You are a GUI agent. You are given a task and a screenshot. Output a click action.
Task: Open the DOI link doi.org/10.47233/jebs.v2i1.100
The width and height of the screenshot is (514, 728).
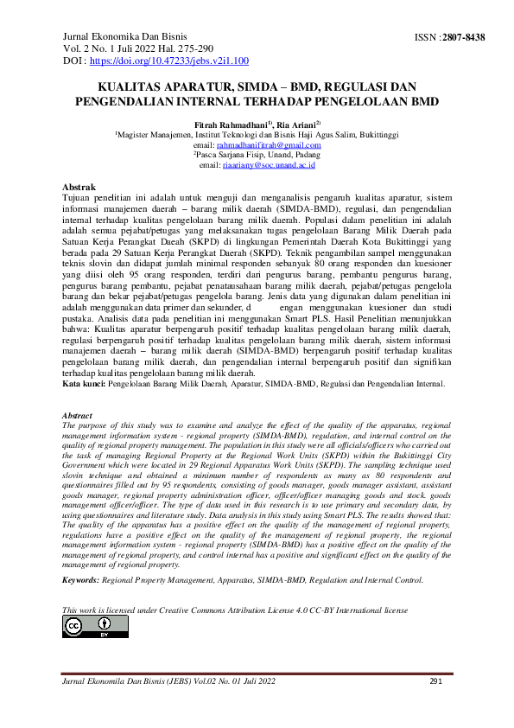point(169,61)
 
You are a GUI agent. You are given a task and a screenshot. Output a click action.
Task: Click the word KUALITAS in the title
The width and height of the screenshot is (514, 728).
point(131,87)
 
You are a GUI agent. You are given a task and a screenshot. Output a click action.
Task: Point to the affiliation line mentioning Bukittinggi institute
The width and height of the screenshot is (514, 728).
point(257,135)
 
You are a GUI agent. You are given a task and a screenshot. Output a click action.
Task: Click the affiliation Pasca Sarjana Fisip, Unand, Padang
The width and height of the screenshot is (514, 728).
point(257,155)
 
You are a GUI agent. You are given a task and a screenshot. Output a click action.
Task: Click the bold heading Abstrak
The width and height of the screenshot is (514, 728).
point(79,188)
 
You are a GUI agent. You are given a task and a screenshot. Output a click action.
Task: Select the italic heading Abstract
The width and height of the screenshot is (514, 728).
point(78,417)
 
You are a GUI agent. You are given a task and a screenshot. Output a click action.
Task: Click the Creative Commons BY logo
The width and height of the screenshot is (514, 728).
point(83,627)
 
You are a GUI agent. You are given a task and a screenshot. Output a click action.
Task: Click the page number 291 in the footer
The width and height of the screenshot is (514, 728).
point(436,682)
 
